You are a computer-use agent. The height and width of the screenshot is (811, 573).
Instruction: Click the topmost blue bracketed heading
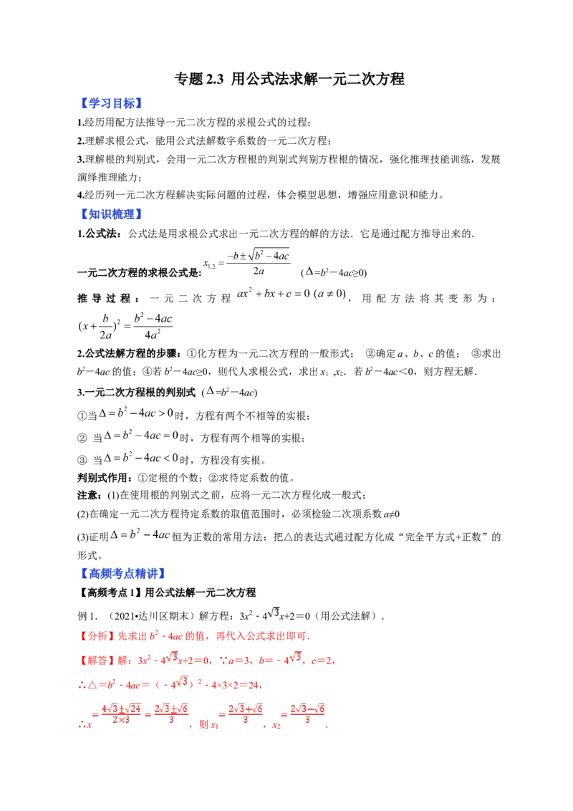click(112, 103)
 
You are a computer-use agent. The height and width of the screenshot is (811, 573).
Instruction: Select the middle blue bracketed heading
click(112, 214)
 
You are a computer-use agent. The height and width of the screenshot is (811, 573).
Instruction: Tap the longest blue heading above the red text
click(124, 573)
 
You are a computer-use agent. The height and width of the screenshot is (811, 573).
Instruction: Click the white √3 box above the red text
click(272, 613)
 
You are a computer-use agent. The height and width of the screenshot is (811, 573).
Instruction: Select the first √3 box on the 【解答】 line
click(169, 657)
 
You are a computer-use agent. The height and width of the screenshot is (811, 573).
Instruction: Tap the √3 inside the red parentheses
click(180, 681)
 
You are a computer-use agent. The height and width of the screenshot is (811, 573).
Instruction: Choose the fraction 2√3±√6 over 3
click(171, 714)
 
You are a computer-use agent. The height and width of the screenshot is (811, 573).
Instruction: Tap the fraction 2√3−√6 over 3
click(308, 714)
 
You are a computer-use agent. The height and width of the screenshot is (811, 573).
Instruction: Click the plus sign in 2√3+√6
click(247, 709)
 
